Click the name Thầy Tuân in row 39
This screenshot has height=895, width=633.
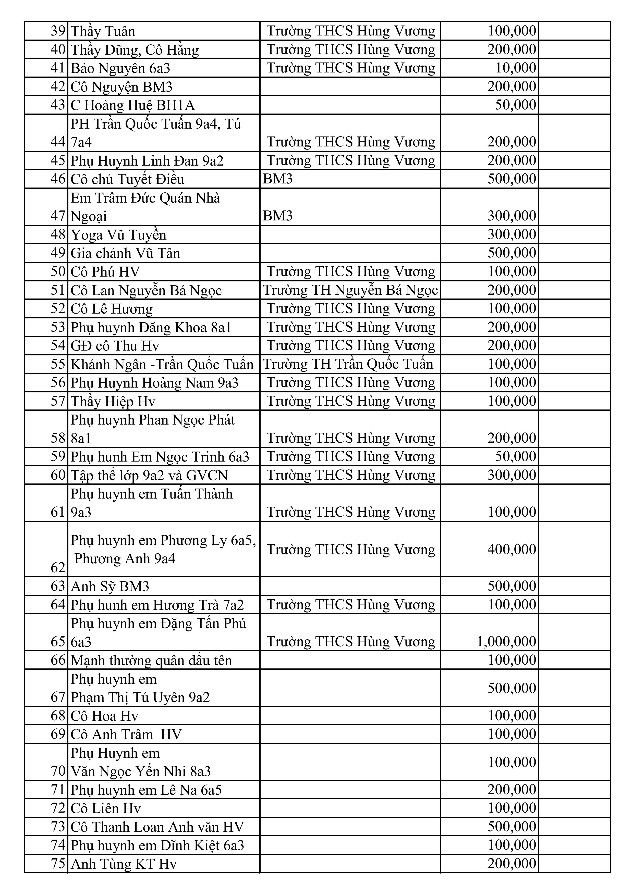click(103, 31)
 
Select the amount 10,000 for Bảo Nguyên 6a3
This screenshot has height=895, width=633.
click(516, 68)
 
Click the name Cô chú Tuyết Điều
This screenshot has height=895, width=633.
click(127, 179)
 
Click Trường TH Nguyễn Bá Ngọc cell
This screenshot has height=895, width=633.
click(350, 290)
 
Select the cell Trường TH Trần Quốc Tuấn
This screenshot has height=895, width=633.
click(348, 364)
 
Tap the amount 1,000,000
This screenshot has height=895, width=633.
click(506, 641)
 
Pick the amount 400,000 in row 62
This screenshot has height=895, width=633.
click(512, 549)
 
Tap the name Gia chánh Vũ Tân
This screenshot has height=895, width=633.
click(125, 253)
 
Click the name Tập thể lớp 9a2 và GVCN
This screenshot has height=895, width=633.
click(149, 475)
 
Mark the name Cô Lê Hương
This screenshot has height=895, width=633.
click(112, 309)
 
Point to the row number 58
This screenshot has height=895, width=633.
click(58, 438)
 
